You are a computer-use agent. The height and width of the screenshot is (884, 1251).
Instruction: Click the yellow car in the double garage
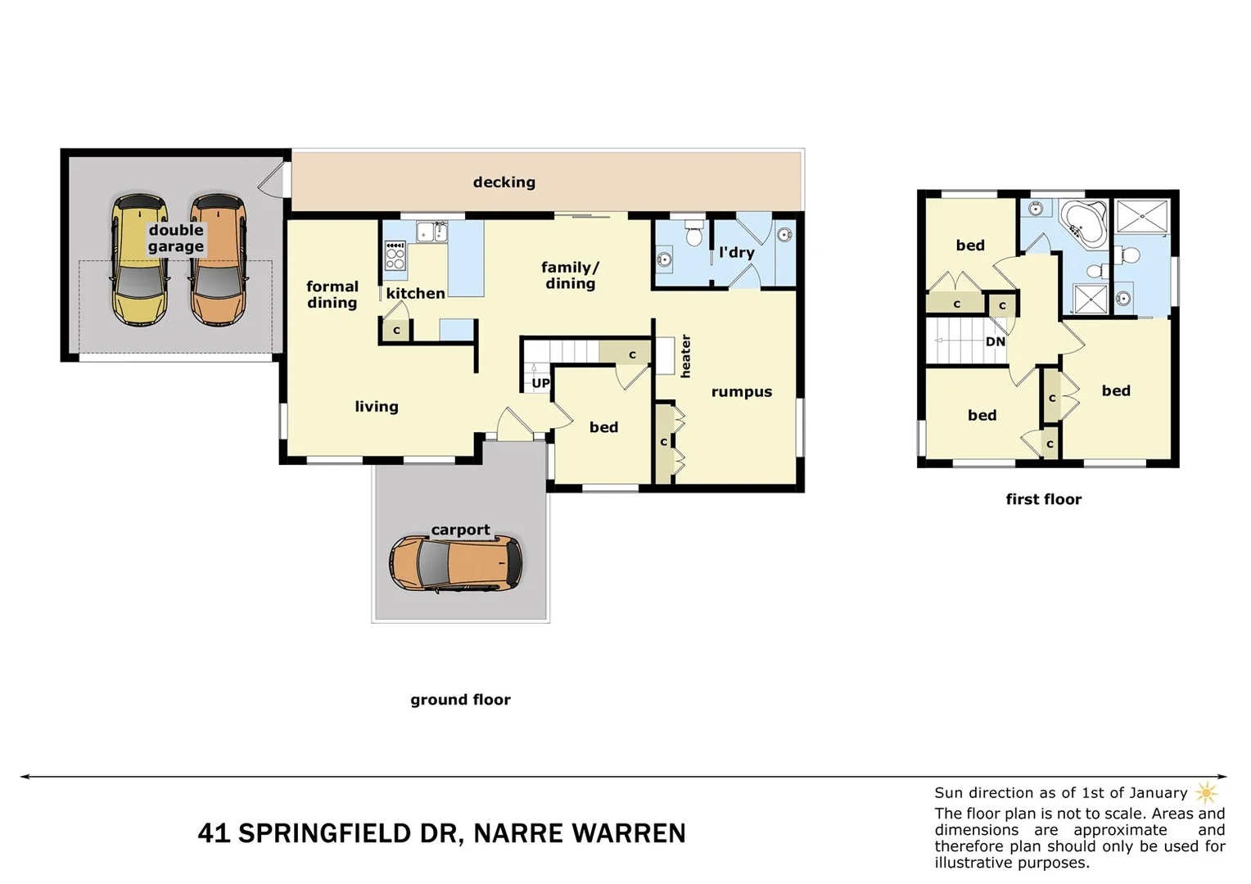(x=140, y=260)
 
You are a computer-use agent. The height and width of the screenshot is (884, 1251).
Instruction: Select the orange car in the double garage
(x=218, y=260)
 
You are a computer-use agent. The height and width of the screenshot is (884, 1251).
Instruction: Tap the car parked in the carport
(x=455, y=564)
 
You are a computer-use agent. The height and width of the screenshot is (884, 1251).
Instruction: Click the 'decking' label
(x=504, y=183)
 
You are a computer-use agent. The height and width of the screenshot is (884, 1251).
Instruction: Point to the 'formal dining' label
(x=332, y=295)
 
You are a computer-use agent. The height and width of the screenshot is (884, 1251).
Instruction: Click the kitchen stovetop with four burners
(x=395, y=255)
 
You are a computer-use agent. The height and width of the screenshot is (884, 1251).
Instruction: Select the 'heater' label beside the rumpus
(x=685, y=356)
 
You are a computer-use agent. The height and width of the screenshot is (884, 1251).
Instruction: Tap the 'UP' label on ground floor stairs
(x=540, y=383)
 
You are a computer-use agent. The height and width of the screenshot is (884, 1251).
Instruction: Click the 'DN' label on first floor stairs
(x=995, y=341)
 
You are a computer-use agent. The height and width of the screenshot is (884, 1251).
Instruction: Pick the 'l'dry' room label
(x=736, y=253)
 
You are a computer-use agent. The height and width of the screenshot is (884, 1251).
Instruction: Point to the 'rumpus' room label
(x=741, y=392)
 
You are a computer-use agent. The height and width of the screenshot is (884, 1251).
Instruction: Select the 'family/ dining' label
(x=570, y=276)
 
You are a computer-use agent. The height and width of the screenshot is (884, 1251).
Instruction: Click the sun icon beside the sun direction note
(x=1206, y=792)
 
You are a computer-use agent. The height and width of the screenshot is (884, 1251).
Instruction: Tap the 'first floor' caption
(x=1043, y=499)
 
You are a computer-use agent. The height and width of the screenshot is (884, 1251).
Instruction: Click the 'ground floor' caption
(x=460, y=700)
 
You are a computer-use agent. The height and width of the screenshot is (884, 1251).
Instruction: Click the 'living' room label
(x=376, y=407)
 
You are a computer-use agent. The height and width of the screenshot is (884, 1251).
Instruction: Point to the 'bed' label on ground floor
(x=603, y=427)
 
